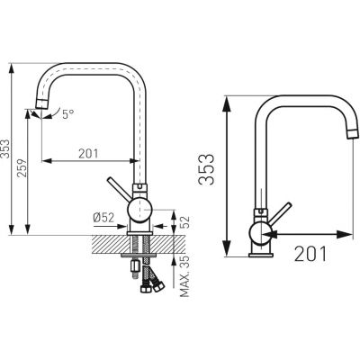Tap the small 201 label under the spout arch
point(87,153)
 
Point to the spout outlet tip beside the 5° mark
point(38,111)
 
